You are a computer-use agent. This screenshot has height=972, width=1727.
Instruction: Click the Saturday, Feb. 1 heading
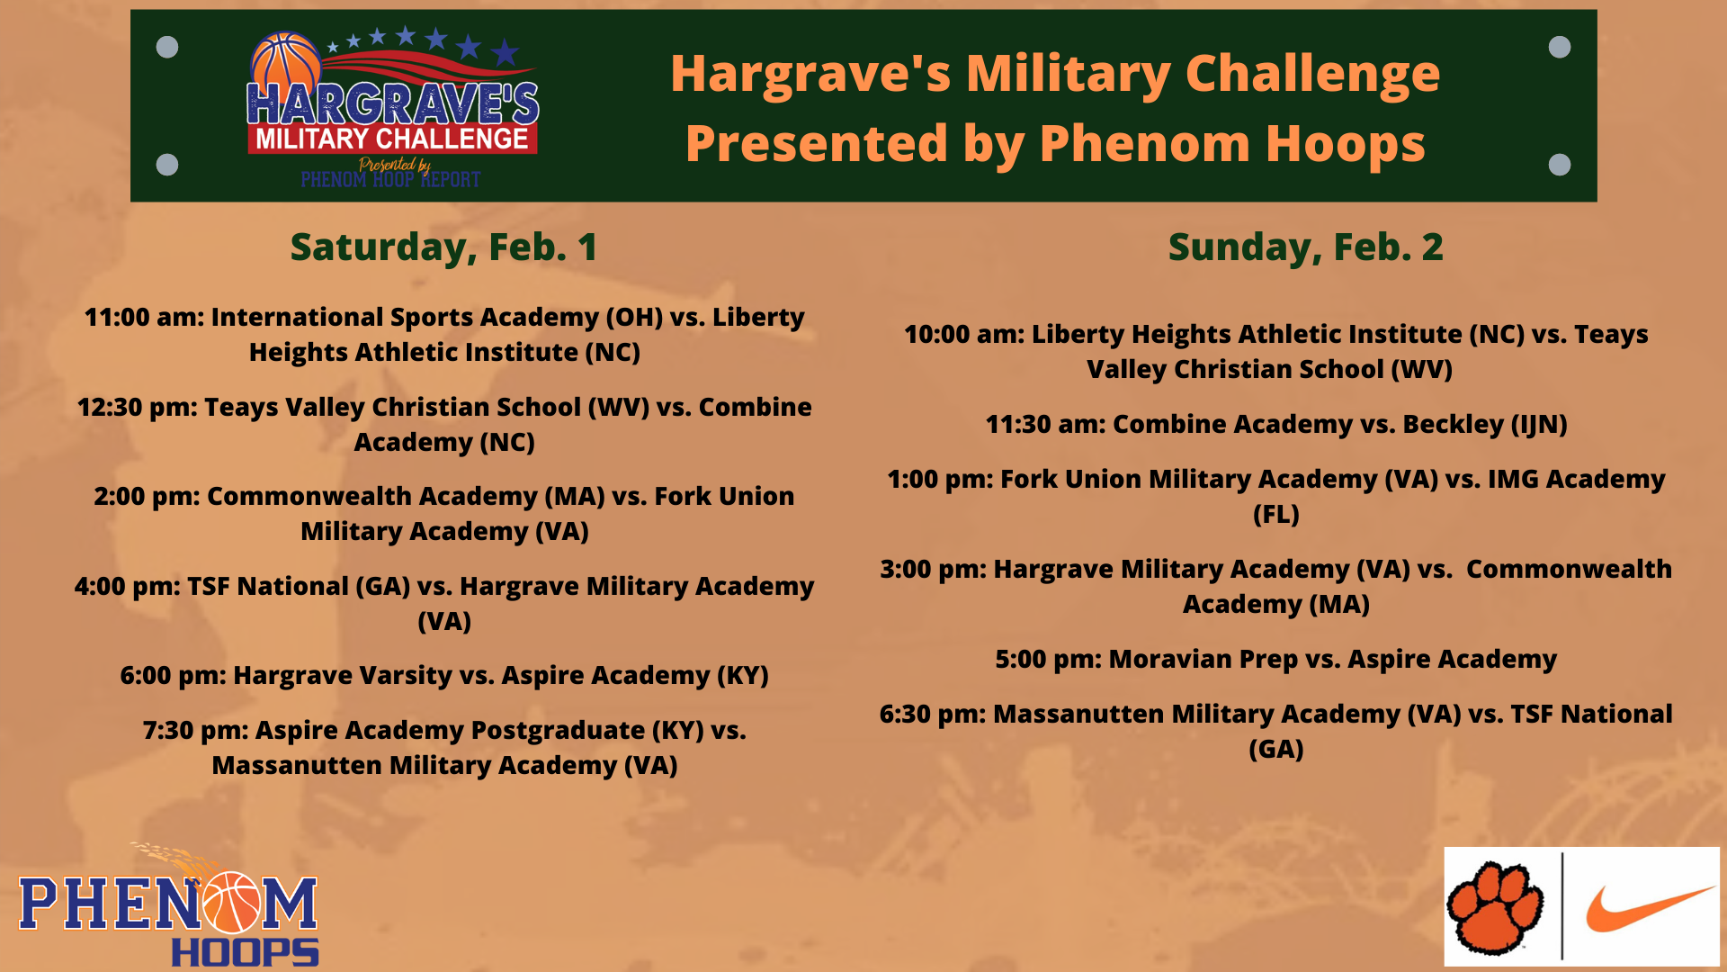(443, 247)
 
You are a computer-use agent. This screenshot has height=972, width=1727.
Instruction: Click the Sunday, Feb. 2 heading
(1305, 247)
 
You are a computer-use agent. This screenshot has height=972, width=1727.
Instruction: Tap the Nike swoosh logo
(1650, 907)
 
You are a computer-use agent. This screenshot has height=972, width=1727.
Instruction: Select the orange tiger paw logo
(1494, 907)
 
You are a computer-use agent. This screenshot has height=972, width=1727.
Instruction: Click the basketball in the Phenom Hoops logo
(233, 902)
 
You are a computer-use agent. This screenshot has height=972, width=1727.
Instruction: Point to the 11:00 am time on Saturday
(144, 317)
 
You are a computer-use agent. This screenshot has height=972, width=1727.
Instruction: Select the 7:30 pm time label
(195, 730)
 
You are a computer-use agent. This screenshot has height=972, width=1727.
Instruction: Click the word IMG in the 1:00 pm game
(1513, 479)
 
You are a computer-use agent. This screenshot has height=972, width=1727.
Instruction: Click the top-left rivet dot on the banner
(167, 47)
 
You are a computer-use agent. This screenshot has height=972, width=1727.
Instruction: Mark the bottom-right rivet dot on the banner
(1560, 165)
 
